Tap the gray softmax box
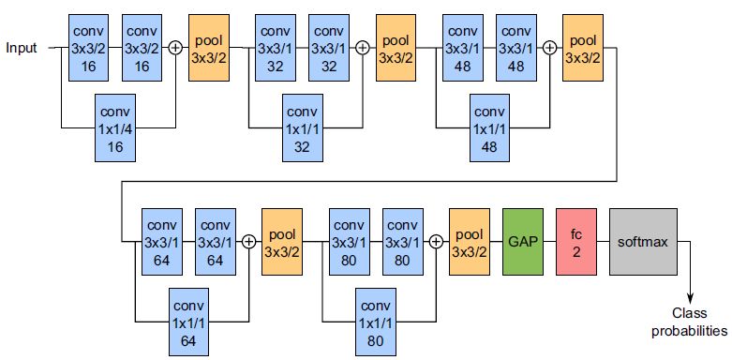pyautogui.click(x=642, y=241)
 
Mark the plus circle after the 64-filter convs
pyautogui.click(x=248, y=241)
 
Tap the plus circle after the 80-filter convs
pyautogui.click(x=435, y=241)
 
